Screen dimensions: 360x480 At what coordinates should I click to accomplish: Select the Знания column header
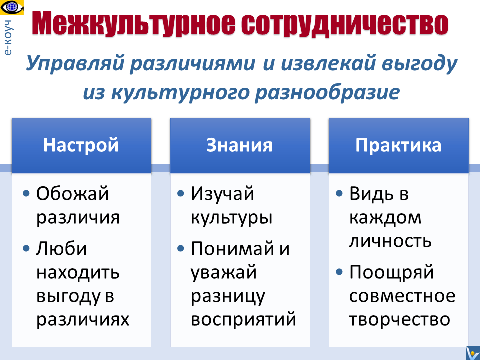[238, 146]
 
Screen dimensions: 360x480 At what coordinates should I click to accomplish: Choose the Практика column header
[399, 146]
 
